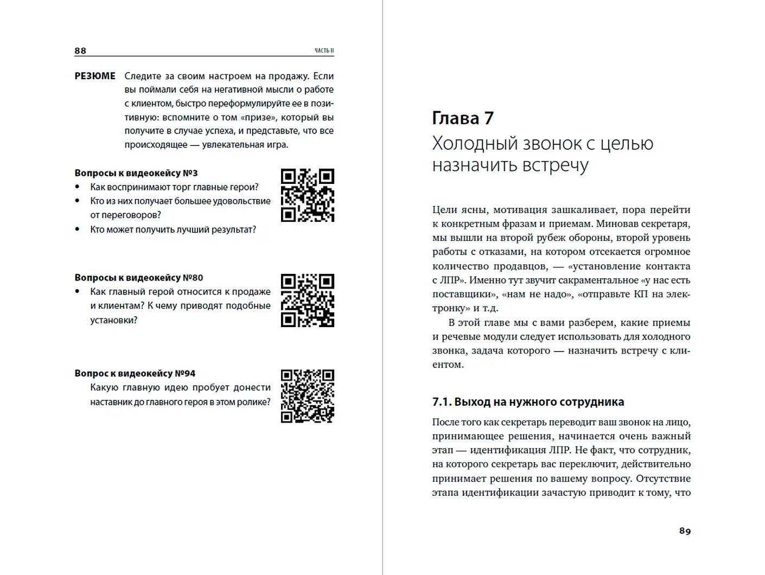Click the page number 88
tap(80, 50)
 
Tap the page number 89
tap(685, 531)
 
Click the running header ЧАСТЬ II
tap(324, 50)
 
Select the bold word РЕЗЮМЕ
tap(95, 76)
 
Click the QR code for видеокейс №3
tap(307, 195)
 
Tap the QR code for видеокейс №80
tap(307, 300)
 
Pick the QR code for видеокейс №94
tap(307, 396)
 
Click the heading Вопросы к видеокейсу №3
tap(136, 173)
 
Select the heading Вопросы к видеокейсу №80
tap(139, 278)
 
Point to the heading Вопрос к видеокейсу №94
tap(135, 373)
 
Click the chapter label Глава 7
tap(463, 118)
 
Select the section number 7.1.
tap(441, 402)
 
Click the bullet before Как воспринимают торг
tap(78, 187)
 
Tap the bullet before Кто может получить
tap(78, 229)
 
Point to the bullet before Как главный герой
tap(78, 292)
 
